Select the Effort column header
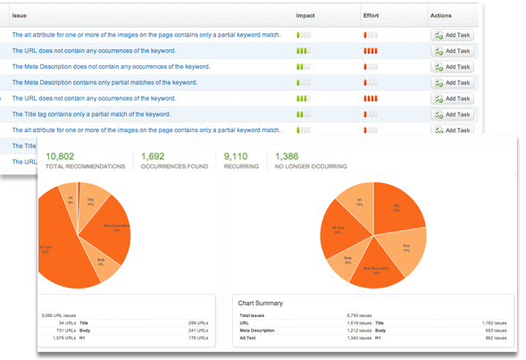(372, 16)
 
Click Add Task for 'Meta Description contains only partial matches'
(452, 83)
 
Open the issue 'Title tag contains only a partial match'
(91, 114)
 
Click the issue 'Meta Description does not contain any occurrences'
(111, 66)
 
